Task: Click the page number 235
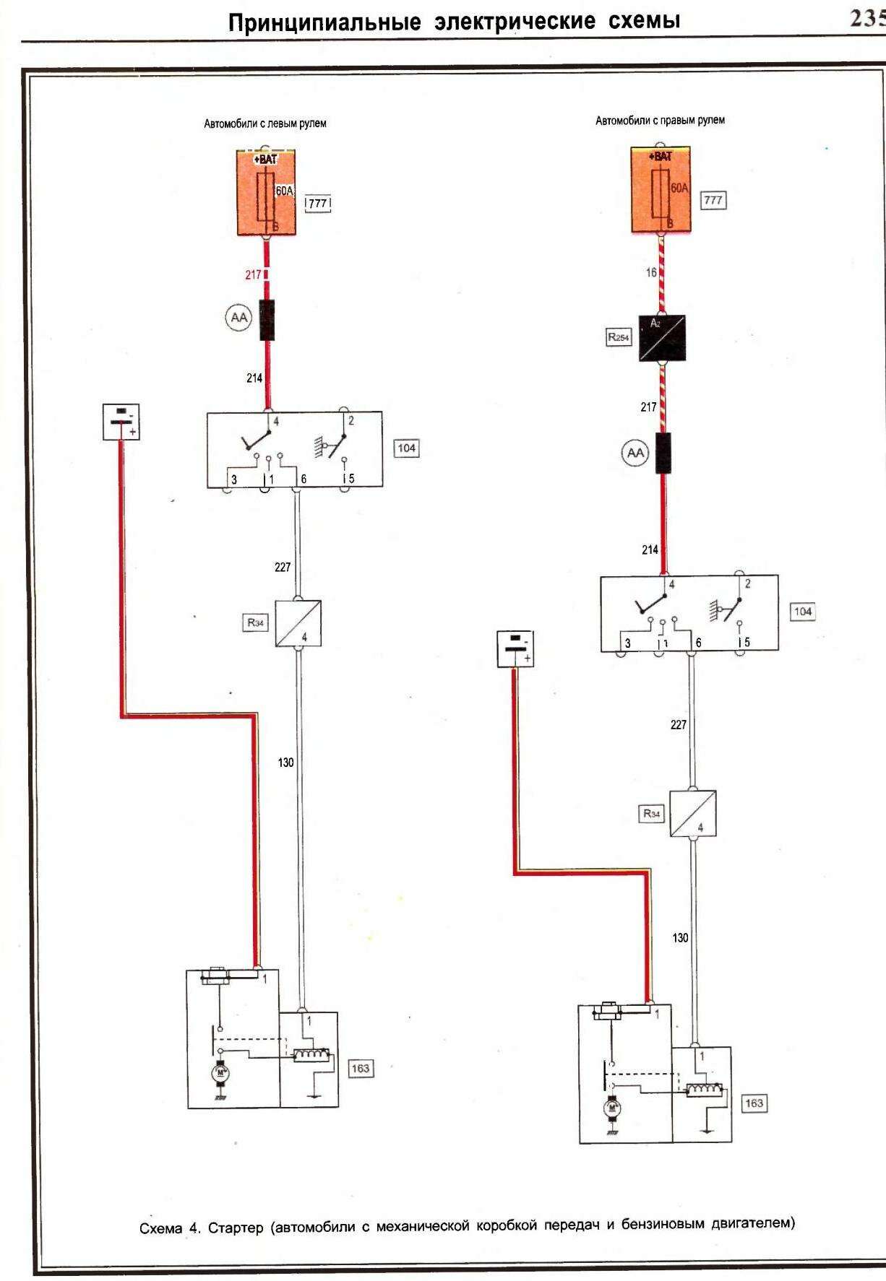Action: tap(867, 17)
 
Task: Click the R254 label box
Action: tap(619, 337)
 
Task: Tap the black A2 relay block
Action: tap(662, 338)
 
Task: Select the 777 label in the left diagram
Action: tap(318, 203)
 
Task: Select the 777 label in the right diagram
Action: tap(713, 200)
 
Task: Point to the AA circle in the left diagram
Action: tap(238, 318)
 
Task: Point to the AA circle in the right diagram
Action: tap(635, 453)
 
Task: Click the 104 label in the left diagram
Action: tap(407, 448)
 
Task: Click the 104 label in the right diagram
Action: tap(803, 612)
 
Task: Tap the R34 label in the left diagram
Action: tap(256, 622)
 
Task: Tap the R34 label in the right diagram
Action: tap(652, 814)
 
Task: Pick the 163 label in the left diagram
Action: tap(360, 1069)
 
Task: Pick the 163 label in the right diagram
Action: tap(754, 1103)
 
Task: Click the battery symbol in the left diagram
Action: tap(121, 422)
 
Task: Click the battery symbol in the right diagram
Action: tap(515, 648)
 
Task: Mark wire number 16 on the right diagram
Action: tap(651, 272)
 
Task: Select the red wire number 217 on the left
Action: tap(253, 274)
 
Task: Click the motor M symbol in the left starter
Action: tap(220, 1073)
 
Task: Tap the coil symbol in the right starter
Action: tap(704, 1090)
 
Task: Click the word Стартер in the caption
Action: tap(236, 1228)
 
